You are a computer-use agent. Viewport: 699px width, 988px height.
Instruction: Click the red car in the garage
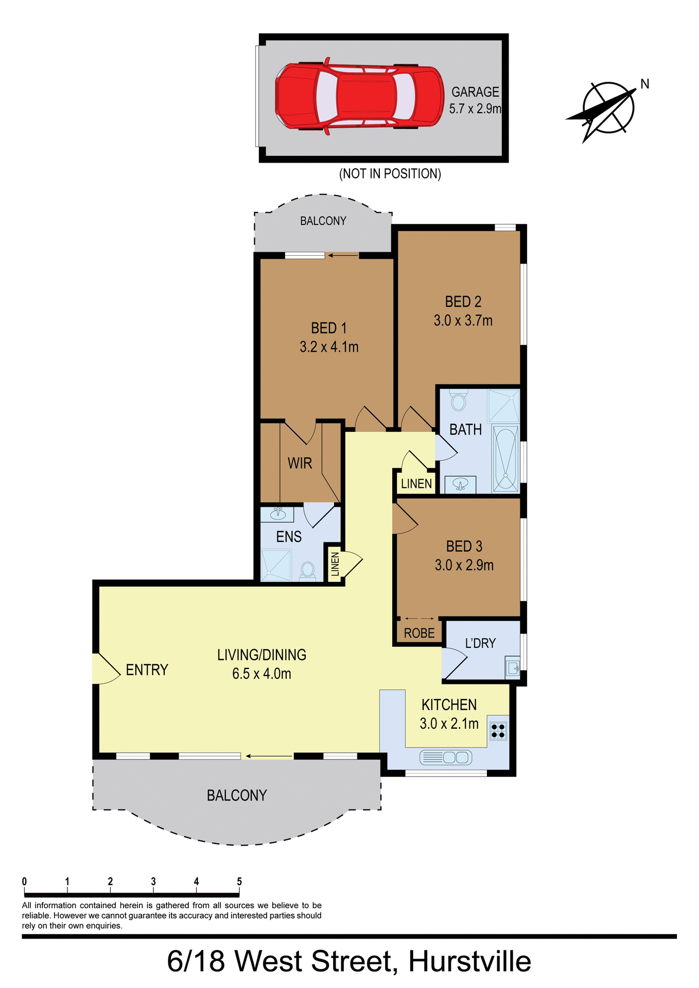359,96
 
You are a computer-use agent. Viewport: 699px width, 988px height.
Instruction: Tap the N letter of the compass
644,84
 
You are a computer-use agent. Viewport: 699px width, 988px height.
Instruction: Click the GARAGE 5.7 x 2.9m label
475,100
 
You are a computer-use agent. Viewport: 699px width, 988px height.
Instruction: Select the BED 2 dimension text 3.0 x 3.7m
463,321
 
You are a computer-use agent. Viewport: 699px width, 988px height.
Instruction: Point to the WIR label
300,463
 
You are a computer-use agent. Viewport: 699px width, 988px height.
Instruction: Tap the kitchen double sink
446,757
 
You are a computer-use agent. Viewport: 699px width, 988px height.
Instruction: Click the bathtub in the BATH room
506,459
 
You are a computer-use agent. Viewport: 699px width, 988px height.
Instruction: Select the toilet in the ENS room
308,570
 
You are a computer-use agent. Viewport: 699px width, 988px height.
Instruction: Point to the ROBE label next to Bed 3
419,633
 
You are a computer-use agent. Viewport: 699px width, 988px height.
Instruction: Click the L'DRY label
480,643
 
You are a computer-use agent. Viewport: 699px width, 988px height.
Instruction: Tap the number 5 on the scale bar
239,881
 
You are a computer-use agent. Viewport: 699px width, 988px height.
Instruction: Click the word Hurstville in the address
469,961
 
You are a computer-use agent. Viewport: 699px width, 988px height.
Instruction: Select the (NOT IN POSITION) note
390,174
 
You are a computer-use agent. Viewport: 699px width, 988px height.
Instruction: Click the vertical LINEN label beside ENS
335,564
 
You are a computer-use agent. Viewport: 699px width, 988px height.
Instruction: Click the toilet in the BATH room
458,401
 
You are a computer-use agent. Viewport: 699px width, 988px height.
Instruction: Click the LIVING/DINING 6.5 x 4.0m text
261,664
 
